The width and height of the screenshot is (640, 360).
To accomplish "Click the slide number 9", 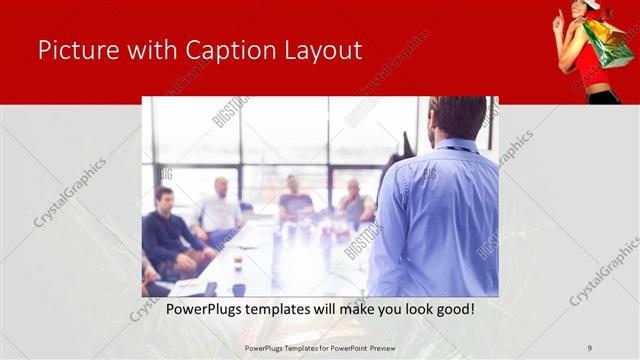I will pos(589,347).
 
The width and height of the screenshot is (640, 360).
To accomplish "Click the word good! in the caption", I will pos(453,309).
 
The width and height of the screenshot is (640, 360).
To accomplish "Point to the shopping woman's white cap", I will pos(592,5).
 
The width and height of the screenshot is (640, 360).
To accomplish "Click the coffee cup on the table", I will pos(238,262).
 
